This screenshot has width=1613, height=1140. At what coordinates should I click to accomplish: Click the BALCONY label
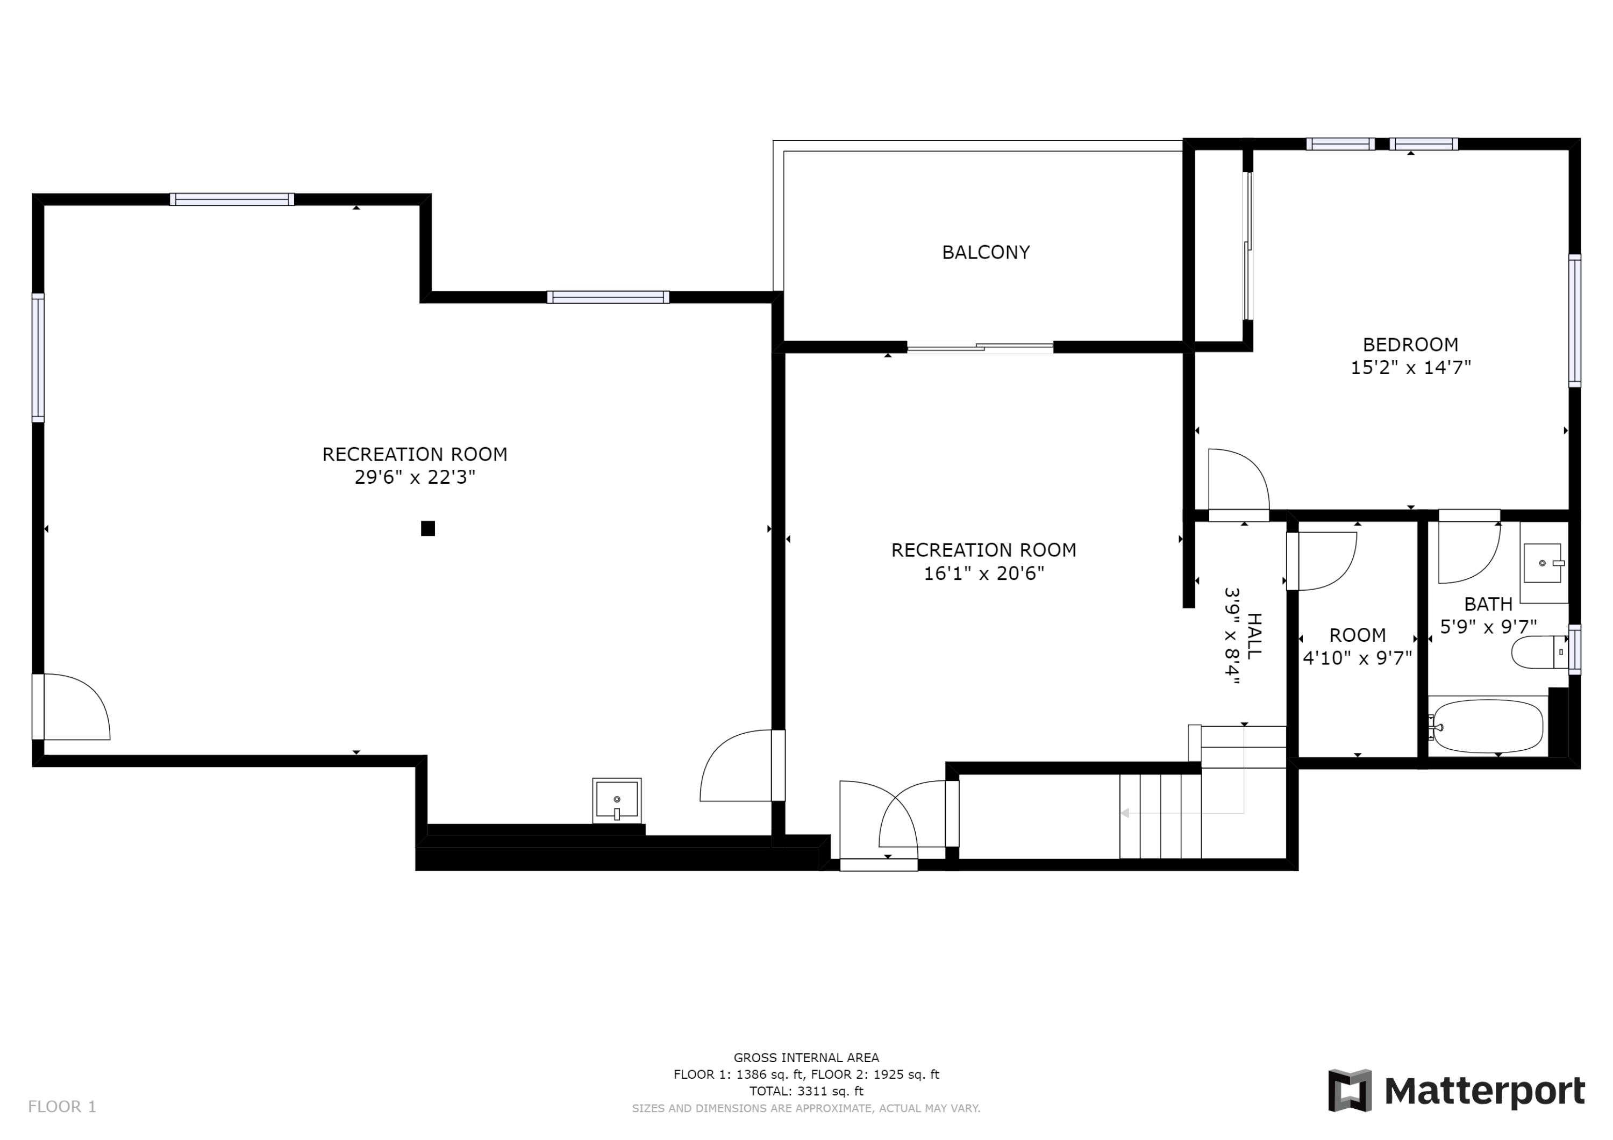[x=985, y=252]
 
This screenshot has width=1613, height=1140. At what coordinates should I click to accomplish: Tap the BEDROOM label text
[x=1410, y=344]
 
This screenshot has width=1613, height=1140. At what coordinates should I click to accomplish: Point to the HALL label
[x=1254, y=636]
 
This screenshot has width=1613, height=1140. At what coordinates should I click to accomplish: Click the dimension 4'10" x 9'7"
[x=1357, y=658]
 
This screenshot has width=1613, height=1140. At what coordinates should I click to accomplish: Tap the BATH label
[x=1488, y=604]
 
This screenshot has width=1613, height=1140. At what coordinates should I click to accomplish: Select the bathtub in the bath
[x=1487, y=726]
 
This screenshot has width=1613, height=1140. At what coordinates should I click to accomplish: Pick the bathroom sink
[x=1541, y=563]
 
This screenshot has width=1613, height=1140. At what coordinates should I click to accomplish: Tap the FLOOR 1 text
[x=62, y=1107]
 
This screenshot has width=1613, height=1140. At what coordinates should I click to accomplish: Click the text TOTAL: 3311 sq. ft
[x=806, y=1092]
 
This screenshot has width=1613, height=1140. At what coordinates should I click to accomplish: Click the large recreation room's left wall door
[x=70, y=707]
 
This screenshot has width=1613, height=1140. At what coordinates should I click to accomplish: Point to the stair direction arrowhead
[x=1125, y=813]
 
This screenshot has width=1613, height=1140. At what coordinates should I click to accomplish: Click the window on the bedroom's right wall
[x=1574, y=320]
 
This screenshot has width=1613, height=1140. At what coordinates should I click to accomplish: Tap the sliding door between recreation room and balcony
[x=979, y=347]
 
